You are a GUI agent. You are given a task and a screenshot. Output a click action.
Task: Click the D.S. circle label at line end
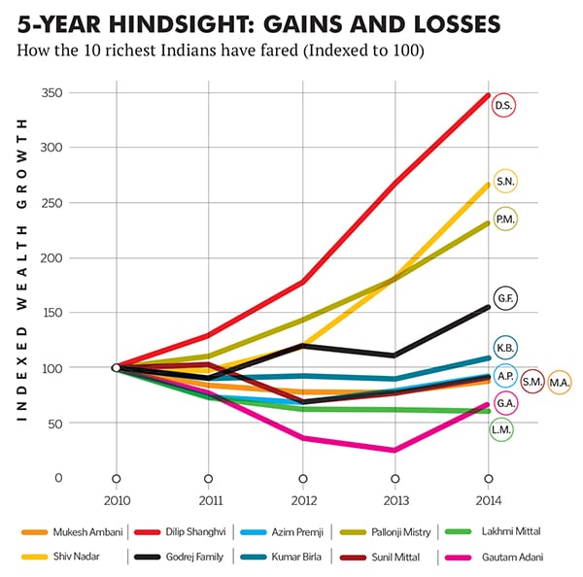503,105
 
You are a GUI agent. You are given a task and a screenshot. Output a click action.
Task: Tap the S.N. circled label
505,182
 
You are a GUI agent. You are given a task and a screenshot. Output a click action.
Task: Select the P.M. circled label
505,220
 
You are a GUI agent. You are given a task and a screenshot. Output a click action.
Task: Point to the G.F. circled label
505,299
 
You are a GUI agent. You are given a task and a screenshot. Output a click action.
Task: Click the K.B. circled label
505,347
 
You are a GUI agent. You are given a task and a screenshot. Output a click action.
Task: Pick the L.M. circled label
501,428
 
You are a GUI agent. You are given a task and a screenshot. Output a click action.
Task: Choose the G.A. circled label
505,402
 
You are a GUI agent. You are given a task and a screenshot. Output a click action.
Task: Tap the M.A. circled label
560,383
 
